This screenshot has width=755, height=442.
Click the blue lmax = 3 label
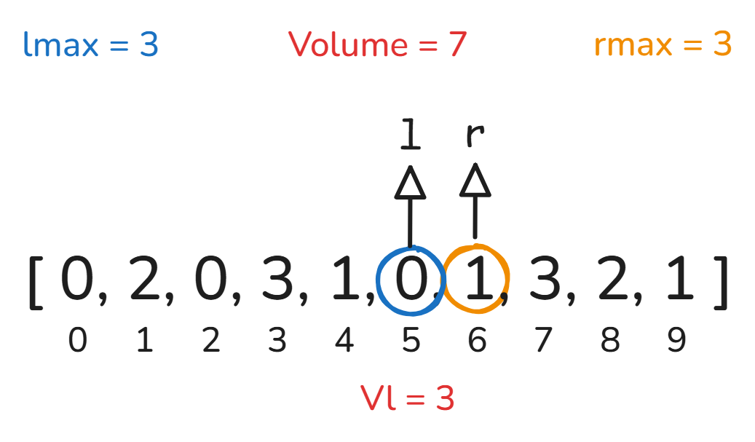pos(90,44)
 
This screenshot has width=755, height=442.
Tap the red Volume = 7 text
pos(377,44)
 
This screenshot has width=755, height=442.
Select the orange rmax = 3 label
pos(663,44)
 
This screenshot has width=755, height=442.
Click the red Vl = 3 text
pos(408,398)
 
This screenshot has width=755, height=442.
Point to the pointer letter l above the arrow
pos(410,134)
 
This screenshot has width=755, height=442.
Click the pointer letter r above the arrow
pos(475,135)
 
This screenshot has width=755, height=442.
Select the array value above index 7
pos(545,278)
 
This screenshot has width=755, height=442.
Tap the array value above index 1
pos(144,278)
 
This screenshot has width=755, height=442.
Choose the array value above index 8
pos(612,278)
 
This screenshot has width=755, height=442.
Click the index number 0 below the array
pos(77,340)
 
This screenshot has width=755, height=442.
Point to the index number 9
pos(676,340)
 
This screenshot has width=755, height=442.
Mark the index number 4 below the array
pos(344,340)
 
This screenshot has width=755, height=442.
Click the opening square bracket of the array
pos(36,283)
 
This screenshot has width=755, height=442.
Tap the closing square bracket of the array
pos(721,283)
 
